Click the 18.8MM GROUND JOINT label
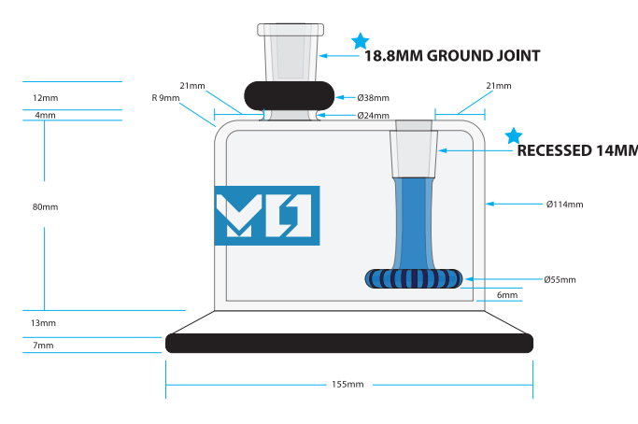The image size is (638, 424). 451,56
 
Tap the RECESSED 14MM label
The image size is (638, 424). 576,150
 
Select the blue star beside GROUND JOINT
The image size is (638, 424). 360,41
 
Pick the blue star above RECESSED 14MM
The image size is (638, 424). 513,135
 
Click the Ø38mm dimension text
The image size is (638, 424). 373,97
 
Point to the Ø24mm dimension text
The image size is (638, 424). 373,116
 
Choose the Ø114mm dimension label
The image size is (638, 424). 564,204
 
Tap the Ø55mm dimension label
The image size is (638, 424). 560,279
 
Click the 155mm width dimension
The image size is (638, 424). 347,385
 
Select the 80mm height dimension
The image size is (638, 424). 45,207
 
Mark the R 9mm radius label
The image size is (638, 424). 165,97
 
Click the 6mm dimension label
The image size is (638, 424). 507,295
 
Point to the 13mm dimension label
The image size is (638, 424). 43,323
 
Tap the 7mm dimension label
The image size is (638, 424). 43,346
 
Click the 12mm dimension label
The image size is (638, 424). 45,97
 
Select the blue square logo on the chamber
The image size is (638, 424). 267,216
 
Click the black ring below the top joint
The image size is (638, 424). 290,96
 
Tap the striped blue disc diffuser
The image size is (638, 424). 414,278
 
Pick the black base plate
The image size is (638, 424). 349,343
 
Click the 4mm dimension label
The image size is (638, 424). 45,115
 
